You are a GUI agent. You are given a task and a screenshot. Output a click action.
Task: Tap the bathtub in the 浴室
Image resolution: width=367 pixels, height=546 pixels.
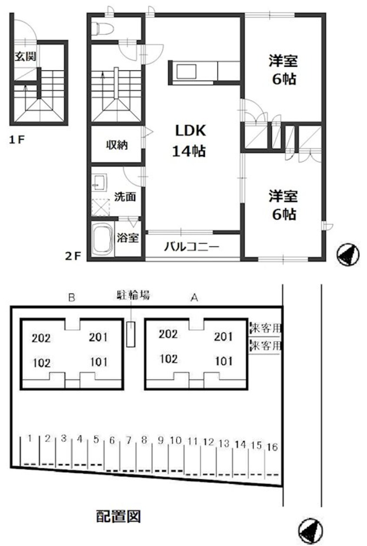click(x=102, y=240)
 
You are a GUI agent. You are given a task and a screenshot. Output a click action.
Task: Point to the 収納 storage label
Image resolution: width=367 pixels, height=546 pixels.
click(x=117, y=145)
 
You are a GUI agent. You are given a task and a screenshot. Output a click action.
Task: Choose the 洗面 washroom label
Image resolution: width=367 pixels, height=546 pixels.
click(x=125, y=197)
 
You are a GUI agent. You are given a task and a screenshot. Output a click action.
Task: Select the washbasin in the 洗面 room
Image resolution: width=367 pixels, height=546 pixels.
click(x=99, y=182)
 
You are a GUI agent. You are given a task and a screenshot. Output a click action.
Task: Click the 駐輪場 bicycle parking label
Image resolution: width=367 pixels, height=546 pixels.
click(x=133, y=296)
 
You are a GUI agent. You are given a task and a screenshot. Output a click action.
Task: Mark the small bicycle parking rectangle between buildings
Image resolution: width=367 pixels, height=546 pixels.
click(x=131, y=334)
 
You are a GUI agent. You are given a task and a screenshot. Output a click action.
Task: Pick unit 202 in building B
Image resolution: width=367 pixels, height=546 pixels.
click(x=41, y=338)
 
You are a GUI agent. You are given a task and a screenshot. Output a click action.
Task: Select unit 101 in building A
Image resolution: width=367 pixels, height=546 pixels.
click(x=223, y=361)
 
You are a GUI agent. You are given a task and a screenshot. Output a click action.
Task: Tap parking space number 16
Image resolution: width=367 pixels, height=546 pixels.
click(x=272, y=446)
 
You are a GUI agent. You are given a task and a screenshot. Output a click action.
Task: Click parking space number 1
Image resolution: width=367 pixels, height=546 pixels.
click(x=29, y=438)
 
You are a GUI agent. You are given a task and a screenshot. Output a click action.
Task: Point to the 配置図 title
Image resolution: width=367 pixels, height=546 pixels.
click(x=118, y=516)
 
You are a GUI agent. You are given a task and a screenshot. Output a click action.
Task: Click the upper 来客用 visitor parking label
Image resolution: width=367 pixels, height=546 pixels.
click(x=265, y=328)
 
